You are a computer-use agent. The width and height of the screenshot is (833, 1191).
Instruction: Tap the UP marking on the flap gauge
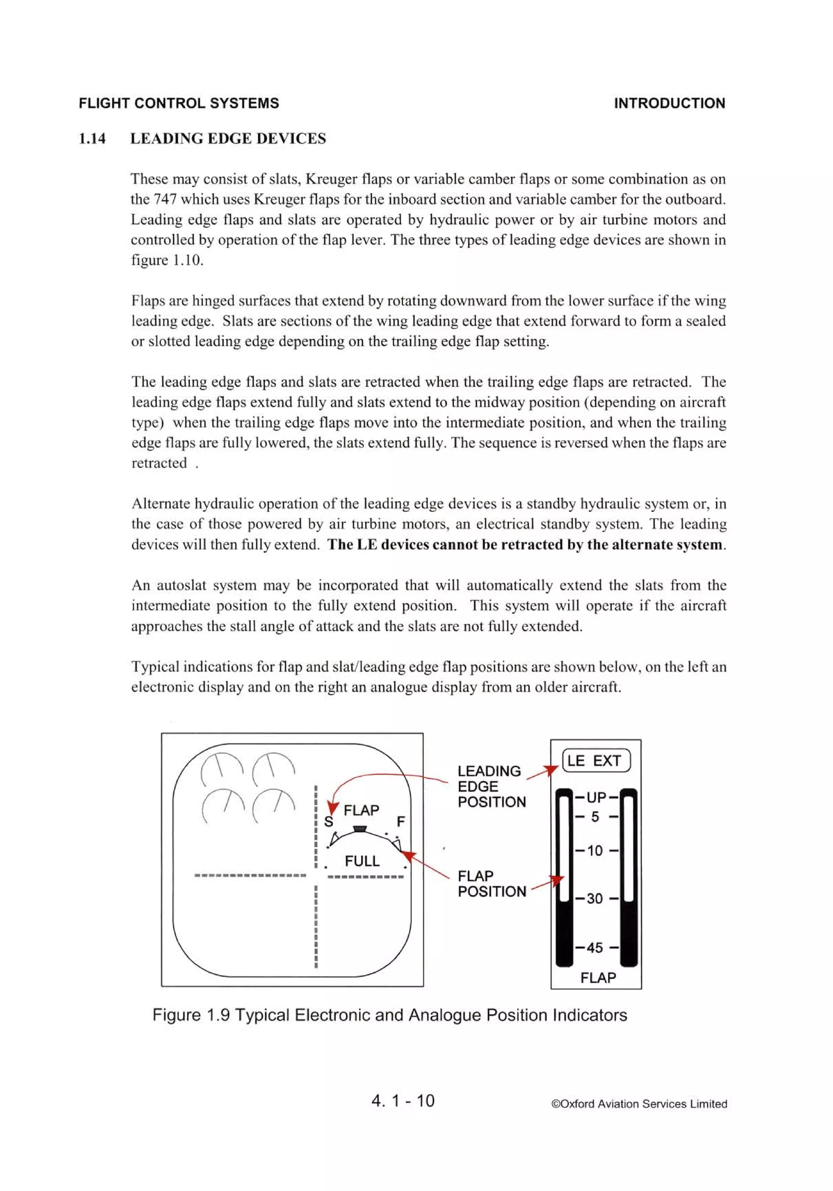pos(597,797)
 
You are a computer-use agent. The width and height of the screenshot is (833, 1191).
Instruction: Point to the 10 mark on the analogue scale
pos(595,851)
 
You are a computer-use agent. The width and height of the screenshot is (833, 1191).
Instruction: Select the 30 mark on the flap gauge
pos(595,898)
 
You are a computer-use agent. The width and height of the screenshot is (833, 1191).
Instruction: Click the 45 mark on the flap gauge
pos(595,948)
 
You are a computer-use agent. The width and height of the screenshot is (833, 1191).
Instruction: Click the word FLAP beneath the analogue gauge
pos(598,978)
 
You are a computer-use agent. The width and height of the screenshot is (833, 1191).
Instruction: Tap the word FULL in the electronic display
pos(362,861)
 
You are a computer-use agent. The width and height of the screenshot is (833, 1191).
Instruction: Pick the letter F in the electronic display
pos(400,822)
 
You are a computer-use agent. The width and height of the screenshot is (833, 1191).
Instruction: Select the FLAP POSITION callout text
pos(491,884)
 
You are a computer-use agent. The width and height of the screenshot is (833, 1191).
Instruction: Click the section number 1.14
pos(92,138)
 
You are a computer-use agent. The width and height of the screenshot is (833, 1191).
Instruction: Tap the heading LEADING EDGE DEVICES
pos(228,138)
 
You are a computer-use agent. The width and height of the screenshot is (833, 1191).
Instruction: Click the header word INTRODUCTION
pos(669,103)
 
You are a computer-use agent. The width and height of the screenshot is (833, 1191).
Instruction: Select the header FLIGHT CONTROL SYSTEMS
pos(179,103)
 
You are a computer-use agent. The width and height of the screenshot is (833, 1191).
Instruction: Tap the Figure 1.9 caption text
pos(390,1015)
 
